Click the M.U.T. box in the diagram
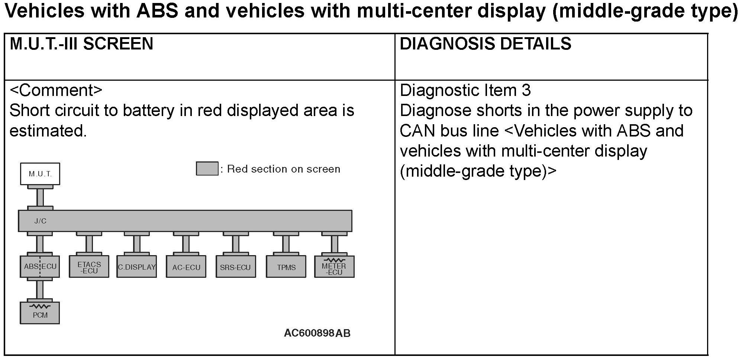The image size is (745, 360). coord(40,174)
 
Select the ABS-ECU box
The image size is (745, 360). coord(40,266)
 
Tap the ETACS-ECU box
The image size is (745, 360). coord(89,266)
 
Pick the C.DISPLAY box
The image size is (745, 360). coord(136,266)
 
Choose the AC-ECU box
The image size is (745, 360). coord(186,266)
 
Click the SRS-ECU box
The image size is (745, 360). coord(235,266)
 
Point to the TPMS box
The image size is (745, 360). coord(286,266)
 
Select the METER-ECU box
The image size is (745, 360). coord(334,267)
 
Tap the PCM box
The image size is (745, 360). coord(40,313)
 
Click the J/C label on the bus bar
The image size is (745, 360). coord(40,221)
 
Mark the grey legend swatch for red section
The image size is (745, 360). coord(207,168)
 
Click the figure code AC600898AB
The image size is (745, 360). coord(317,333)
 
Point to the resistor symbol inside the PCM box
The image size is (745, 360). coord(40,306)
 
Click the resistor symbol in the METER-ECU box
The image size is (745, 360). coord(334,260)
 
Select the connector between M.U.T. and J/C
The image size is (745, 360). coord(40,197)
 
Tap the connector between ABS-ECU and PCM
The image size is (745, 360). coord(40,289)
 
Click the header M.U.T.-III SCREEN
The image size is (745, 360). coord(81,44)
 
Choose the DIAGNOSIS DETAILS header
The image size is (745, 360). coord(485,44)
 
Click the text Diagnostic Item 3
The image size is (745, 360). coord(465,90)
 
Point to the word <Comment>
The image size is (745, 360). coord(56,90)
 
